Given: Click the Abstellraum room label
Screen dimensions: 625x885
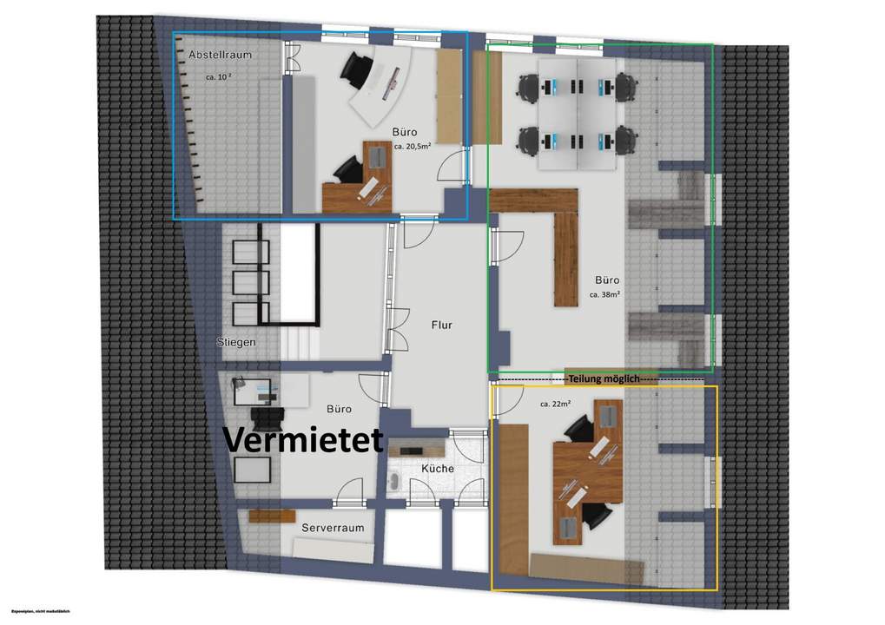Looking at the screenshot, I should pos(220,55).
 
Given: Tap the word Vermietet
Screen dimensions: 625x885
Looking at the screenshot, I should pos(304,439).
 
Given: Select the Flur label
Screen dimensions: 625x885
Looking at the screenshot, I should pos(442,326).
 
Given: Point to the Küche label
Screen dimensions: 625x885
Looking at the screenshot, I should pos(438,469).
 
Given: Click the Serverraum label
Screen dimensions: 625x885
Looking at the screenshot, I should pos(333,528).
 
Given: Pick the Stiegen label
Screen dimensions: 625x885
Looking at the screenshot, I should pos(235,342).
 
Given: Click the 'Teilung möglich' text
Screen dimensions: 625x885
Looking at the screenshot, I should pos(604,378).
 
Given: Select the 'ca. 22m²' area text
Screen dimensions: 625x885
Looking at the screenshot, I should pos(554,404).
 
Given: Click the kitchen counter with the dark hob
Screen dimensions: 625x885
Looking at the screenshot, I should pos(417,448).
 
